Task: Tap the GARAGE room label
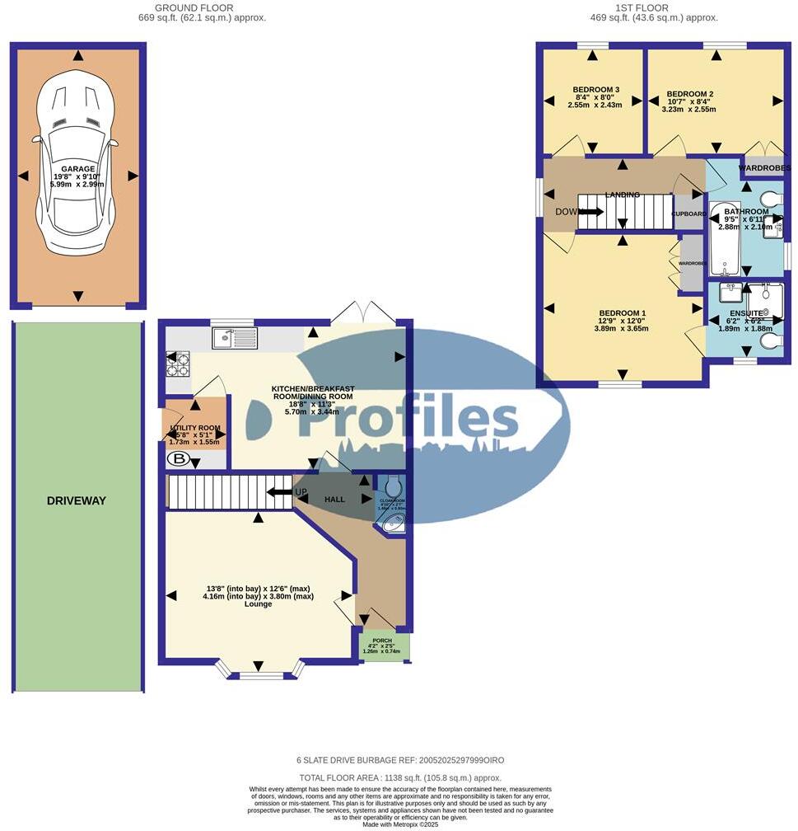point(77,169)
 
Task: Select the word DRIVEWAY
point(77,500)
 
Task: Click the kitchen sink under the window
point(235,338)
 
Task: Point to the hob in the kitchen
point(178,364)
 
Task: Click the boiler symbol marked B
point(180,459)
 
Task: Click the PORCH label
point(382,640)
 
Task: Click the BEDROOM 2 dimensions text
point(690,107)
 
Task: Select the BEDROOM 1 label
point(622,313)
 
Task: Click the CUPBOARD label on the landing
point(688,214)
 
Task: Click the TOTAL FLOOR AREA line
point(399,777)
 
